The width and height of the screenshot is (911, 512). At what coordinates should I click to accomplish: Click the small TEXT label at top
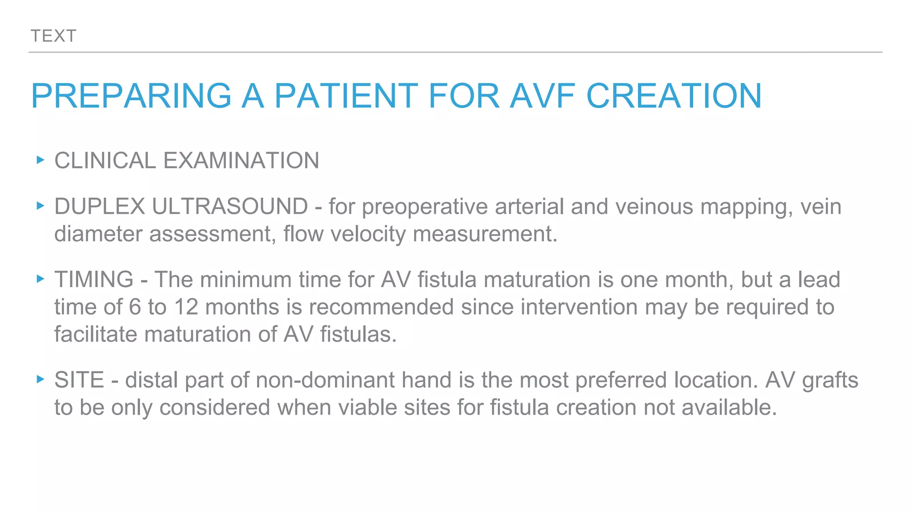point(53,36)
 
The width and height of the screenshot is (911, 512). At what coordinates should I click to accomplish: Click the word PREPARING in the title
point(131,96)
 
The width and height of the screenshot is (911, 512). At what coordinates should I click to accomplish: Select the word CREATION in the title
point(674,96)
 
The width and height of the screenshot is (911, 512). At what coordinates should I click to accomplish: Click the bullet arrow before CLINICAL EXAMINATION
point(40,160)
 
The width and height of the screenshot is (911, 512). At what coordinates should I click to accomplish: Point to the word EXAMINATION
point(241,160)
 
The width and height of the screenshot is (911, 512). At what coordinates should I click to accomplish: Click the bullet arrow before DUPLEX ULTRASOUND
point(40,206)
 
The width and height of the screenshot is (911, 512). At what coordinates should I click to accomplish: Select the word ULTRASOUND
point(230,207)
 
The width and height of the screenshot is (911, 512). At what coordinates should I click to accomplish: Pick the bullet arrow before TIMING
point(40,279)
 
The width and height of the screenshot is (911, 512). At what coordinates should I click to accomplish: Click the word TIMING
point(94,280)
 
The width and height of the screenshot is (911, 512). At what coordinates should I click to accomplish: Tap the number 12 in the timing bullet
point(186,307)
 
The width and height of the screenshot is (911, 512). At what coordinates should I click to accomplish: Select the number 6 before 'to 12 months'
point(135,307)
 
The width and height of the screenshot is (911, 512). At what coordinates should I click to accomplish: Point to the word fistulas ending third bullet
point(358,334)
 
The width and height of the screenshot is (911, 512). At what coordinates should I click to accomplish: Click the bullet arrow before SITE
point(40,380)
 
